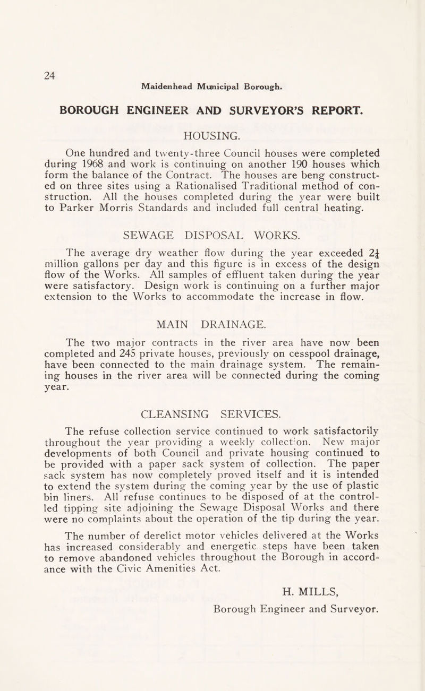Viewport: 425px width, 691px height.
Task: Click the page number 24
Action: [x=35, y=61]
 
